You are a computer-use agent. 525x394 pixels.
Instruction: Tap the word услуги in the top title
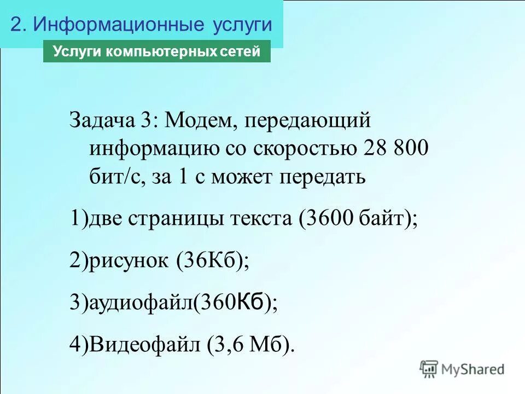[x=240, y=25]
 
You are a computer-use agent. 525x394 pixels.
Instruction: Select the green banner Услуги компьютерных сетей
[x=156, y=52]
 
